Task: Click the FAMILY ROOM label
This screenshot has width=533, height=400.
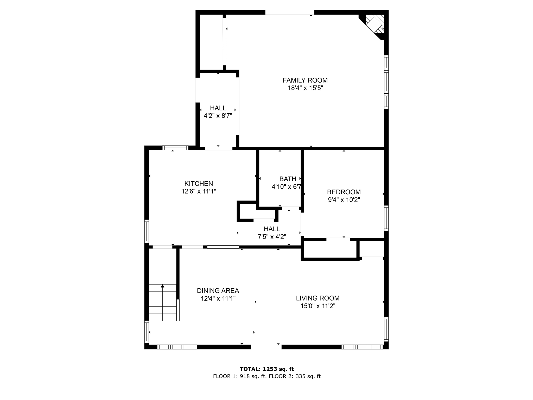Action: [x=305, y=80]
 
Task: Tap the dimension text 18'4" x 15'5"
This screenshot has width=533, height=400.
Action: [x=305, y=88]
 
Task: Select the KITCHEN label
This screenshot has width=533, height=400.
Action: [x=199, y=184]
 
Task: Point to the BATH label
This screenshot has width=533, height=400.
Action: [x=288, y=179]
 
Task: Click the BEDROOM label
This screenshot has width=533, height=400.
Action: [x=344, y=192]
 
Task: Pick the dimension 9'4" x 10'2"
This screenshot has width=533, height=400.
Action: [x=344, y=200]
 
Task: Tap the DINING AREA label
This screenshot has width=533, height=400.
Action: [x=218, y=291]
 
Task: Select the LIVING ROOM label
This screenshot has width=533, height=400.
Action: [x=318, y=298]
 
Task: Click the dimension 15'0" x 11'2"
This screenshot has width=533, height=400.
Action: [x=318, y=306]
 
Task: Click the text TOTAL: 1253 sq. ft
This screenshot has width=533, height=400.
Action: [x=267, y=369]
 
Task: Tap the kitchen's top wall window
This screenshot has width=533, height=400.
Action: [x=175, y=148]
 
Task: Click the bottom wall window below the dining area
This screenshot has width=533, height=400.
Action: [x=177, y=347]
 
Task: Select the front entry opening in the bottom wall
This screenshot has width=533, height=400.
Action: [x=266, y=347]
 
